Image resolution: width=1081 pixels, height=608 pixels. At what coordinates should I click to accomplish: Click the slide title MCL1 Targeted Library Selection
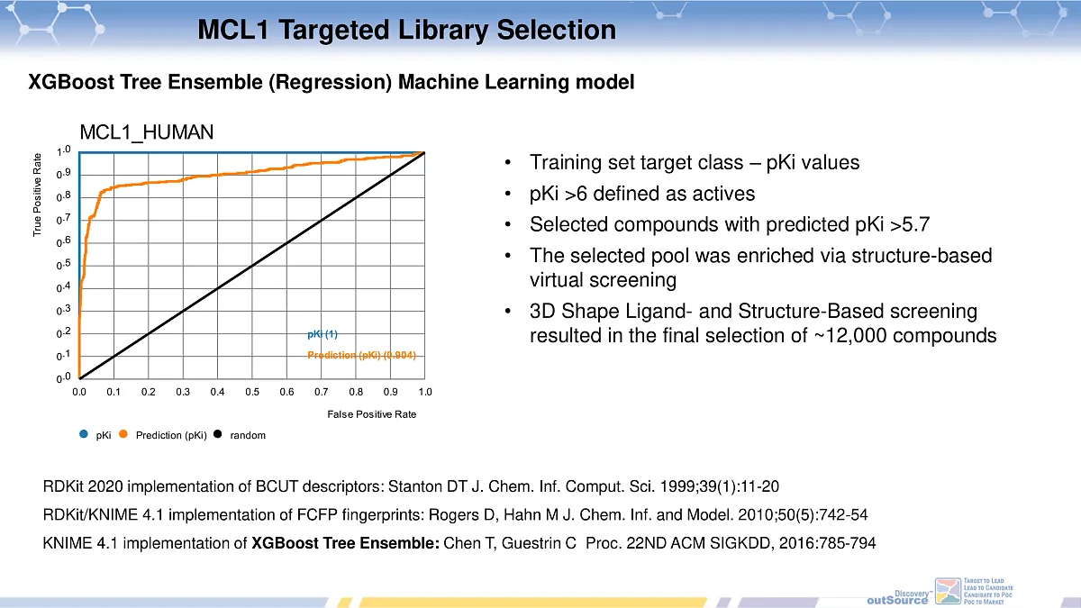point(406,31)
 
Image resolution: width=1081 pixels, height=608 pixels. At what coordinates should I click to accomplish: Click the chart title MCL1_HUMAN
point(147,132)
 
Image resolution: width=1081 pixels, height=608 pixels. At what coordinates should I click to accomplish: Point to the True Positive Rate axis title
point(38,195)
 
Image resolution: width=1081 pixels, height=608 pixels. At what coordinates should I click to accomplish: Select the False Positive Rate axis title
point(371,414)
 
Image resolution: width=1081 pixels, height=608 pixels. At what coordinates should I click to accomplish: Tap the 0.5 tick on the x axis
point(252,393)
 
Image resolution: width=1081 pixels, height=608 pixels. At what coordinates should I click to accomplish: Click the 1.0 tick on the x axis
point(425,393)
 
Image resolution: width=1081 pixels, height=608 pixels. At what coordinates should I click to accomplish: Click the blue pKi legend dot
point(84,434)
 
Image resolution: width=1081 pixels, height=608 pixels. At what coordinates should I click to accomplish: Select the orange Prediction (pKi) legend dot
point(123,434)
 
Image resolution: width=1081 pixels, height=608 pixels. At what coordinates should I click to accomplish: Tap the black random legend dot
point(217,434)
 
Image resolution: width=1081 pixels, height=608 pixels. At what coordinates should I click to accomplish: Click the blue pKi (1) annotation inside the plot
point(322,334)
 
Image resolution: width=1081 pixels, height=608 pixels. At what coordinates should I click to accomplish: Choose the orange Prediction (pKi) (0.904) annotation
point(361,355)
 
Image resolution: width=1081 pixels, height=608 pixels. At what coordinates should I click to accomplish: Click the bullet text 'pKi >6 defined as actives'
point(642,194)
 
